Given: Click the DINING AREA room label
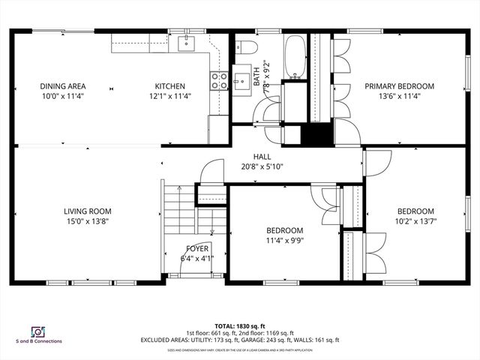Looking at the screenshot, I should pyautogui.click(x=63, y=86).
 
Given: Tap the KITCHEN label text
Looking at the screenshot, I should pyautogui.click(x=169, y=86).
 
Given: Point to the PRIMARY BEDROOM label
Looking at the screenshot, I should pyautogui.click(x=400, y=86).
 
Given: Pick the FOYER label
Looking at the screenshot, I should pyautogui.click(x=197, y=248).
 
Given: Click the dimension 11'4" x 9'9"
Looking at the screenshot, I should pyautogui.click(x=284, y=240).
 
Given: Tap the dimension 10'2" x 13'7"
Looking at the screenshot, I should pyautogui.click(x=415, y=221).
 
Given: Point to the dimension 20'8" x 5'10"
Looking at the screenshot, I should pyautogui.click(x=262, y=166).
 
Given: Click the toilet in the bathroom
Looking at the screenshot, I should pyautogui.click(x=248, y=49).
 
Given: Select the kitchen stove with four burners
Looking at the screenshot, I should pyautogui.click(x=219, y=81).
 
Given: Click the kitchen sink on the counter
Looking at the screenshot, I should pyautogui.click(x=185, y=43).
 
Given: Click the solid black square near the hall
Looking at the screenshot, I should pyautogui.click(x=316, y=136).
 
